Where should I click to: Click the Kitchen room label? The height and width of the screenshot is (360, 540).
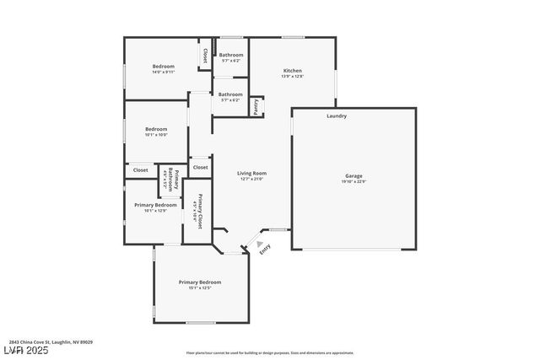point(292,71)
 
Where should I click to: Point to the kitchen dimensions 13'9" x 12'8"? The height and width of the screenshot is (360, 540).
point(292,77)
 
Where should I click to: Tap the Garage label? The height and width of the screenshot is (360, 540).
point(354,176)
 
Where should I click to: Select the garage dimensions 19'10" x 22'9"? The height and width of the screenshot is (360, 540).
point(354,182)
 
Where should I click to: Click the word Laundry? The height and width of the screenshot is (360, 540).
point(337,116)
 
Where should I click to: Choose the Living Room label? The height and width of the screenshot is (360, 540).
point(252,173)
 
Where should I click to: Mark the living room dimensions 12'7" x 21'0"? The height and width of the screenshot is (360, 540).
point(252,179)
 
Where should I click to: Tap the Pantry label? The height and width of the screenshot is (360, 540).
point(256,106)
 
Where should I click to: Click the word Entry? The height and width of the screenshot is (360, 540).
point(265,249)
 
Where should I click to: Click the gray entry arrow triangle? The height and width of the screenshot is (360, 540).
point(259,244)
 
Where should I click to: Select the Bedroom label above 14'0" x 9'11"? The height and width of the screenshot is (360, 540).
point(163,66)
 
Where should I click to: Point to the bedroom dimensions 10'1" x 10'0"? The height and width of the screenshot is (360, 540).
point(156,135)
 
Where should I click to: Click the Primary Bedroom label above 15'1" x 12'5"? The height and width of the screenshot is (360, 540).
point(200,282)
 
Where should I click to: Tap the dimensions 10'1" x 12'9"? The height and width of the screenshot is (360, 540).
point(156,211)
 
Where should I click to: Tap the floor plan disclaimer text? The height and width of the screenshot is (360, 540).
point(270,352)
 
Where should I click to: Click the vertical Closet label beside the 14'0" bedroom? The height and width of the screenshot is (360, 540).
point(203,55)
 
